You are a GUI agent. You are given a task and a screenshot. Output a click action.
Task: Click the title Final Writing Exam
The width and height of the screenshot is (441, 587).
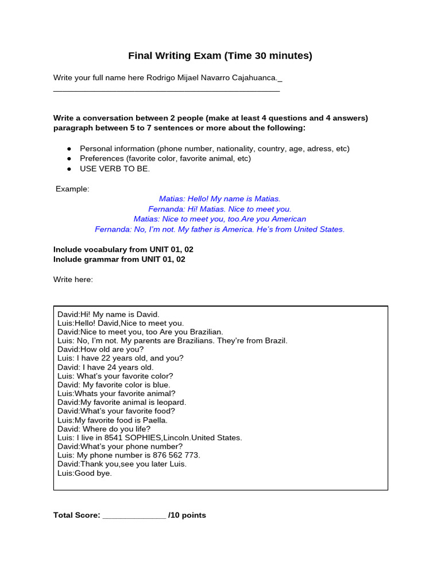click(220, 56)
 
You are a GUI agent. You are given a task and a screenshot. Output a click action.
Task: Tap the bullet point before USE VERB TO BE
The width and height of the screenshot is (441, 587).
click(69, 169)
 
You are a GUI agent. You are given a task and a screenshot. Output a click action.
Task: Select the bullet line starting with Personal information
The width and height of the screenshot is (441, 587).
click(214, 148)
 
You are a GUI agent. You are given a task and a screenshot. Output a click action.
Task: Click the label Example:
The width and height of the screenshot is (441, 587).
click(72, 189)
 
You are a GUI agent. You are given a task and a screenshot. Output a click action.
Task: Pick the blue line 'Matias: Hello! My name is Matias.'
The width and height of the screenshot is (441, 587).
click(220, 199)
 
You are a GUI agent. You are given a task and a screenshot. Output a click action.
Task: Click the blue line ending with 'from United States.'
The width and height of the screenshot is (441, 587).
click(220, 229)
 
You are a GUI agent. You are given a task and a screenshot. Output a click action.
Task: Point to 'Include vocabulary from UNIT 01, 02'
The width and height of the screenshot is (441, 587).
click(119, 249)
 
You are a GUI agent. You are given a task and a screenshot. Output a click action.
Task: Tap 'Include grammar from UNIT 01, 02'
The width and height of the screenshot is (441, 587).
click(119, 259)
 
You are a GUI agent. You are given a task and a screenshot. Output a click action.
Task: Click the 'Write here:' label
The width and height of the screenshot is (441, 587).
click(73, 279)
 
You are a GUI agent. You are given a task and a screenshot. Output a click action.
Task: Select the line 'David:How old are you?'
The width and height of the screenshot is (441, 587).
click(100, 349)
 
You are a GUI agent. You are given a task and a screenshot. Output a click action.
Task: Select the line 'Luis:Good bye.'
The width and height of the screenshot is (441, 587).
click(85, 473)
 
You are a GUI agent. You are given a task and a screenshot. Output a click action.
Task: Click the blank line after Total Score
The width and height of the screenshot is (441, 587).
click(134, 515)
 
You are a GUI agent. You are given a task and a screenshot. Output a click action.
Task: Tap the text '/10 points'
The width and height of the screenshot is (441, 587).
click(187, 515)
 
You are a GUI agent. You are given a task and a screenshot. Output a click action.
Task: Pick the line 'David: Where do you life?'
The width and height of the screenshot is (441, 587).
click(104, 429)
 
